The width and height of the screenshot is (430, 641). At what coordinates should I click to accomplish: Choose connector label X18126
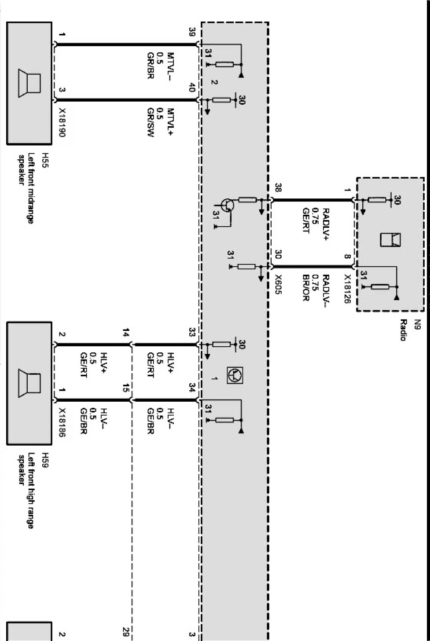pos(347,289)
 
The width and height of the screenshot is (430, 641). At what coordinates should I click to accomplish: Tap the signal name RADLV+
pos(326,225)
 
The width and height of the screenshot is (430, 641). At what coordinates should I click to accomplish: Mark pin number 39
pos(192,32)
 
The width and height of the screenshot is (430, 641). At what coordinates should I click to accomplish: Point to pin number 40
pos(192,88)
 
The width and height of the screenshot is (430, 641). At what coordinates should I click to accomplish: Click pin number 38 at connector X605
pos(278,188)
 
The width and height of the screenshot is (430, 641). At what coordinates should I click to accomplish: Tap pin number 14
pos(126,333)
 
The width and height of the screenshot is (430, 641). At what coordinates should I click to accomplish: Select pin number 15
pos(126,388)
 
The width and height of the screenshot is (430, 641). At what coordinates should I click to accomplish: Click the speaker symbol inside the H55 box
pos(29,83)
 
